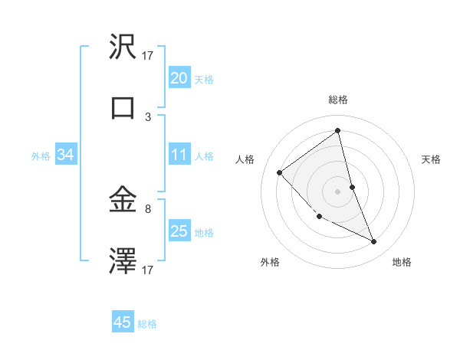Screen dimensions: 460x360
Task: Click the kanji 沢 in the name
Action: [123, 47]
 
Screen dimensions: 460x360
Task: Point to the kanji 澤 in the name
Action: [123, 261]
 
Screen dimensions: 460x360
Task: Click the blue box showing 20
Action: [179, 78]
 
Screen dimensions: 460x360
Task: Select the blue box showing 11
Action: [179, 155]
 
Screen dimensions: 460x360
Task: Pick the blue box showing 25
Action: [179, 231]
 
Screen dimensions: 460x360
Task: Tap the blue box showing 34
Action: [66, 155]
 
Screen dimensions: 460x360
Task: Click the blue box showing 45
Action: [123, 322]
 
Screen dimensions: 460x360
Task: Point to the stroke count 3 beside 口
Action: [149, 117]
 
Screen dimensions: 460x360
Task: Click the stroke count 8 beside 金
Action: [149, 208]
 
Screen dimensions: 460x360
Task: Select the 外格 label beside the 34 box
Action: [41, 156]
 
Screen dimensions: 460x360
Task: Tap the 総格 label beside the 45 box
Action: [147, 324]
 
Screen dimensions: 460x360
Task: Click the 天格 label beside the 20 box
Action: [204, 79]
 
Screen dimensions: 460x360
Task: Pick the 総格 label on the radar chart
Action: [338, 100]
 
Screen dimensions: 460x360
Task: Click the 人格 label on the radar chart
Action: [245, 159]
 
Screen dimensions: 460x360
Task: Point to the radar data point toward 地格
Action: [374, 242]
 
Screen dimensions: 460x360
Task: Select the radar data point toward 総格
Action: [338, 130]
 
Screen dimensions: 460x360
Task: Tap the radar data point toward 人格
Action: [280, 172]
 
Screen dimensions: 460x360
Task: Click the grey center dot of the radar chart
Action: [338, 191]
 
